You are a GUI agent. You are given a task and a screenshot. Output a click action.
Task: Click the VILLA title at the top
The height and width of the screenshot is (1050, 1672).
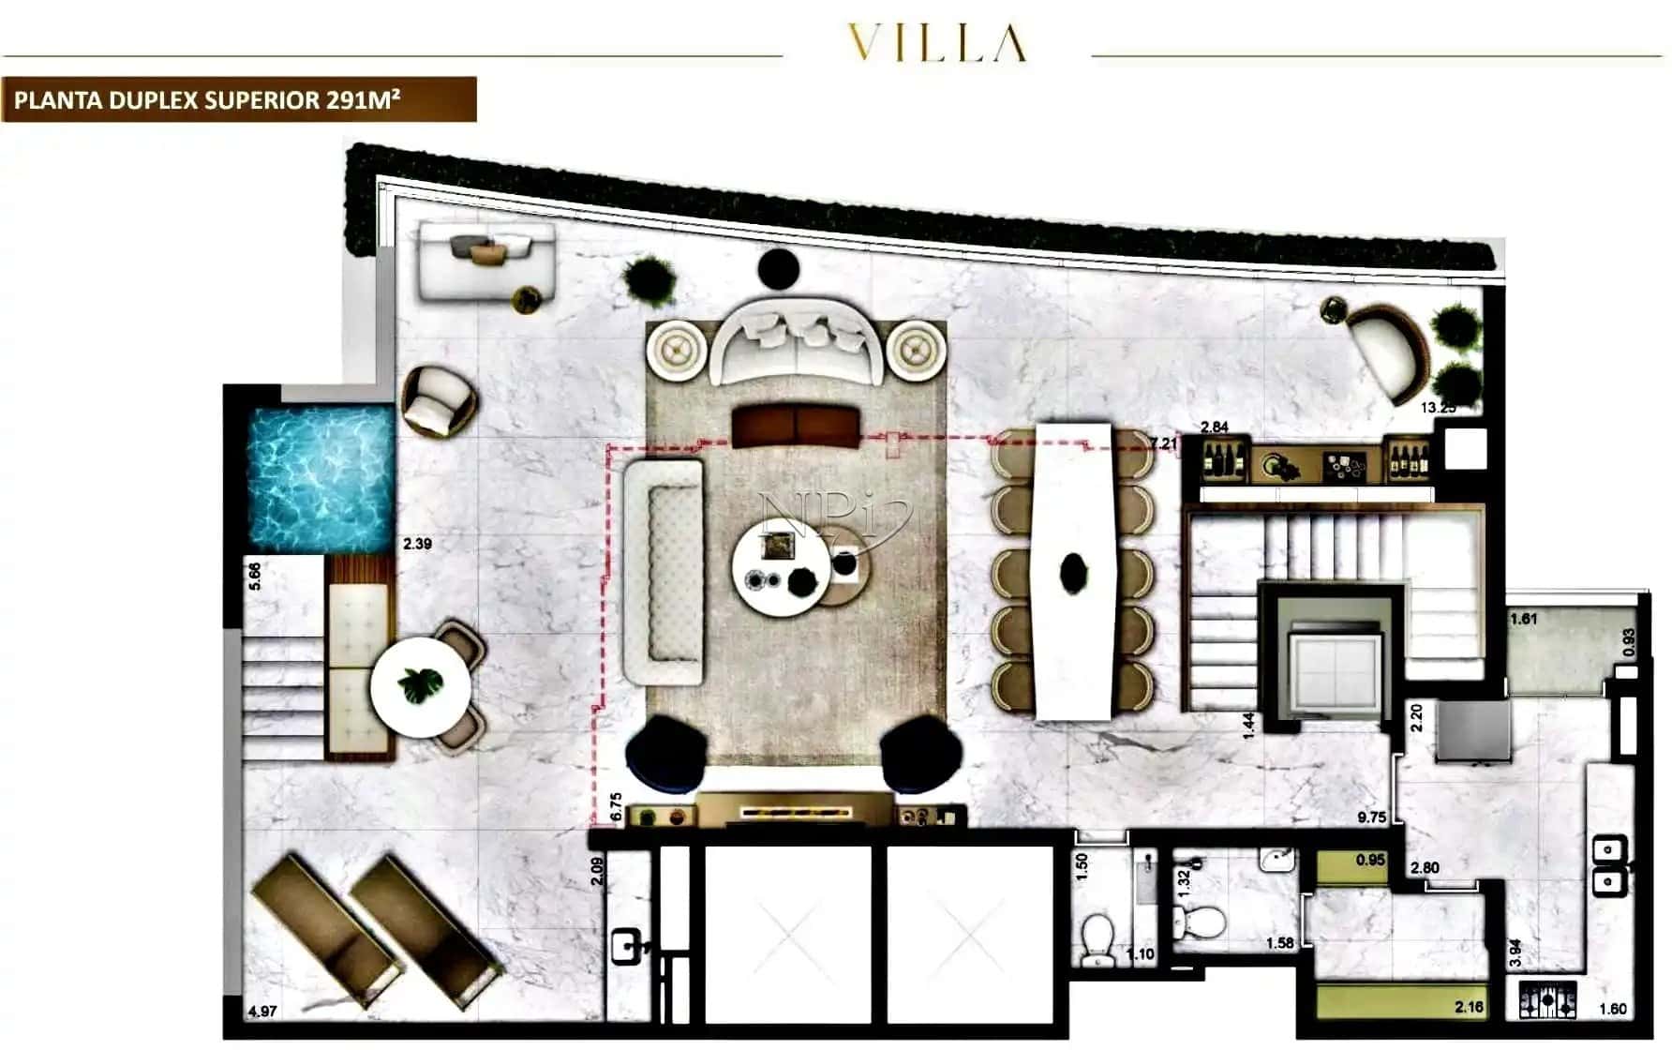[936, 43]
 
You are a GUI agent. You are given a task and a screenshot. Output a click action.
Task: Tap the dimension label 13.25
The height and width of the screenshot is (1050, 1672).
[1438, 408]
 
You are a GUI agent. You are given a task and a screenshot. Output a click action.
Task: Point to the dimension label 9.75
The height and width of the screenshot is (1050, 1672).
[1371, 817]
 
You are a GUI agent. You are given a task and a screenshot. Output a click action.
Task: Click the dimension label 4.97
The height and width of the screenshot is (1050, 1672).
[262, 1011]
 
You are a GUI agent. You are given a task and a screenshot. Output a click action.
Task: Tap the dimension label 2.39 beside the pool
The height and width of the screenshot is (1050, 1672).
[417, 544]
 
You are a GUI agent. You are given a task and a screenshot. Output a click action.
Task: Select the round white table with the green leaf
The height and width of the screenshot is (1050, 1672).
[420, 688]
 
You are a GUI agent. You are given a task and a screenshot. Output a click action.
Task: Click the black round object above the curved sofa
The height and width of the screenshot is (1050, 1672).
[778, 270]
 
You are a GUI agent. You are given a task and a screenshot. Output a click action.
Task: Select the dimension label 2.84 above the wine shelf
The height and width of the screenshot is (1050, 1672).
[1214, 427]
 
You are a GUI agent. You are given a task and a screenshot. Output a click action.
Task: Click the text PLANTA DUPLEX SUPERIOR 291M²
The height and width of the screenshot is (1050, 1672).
[207, 100]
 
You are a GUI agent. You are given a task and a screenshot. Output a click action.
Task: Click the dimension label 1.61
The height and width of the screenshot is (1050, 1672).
[1524, 619]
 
